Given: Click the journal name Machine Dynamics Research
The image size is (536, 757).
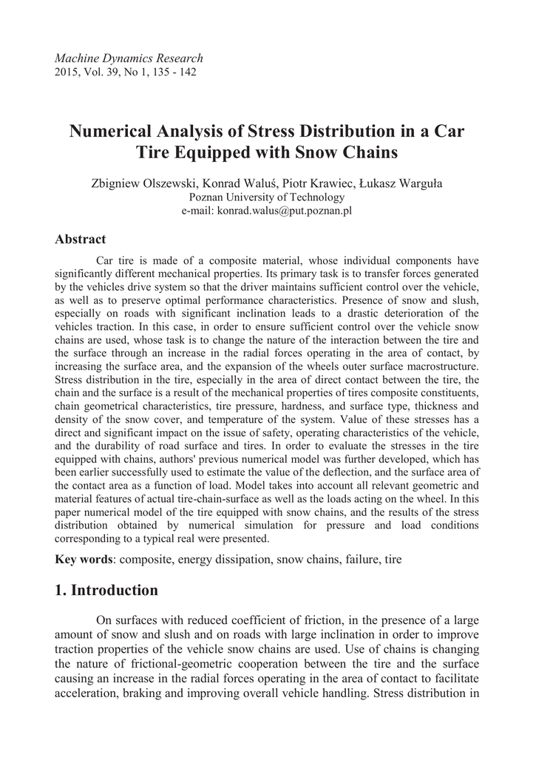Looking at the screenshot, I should pos(129,58).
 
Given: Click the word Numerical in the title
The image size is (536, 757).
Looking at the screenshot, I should pos(113,132).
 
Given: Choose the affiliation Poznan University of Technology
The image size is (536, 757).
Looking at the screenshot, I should pos(267,197).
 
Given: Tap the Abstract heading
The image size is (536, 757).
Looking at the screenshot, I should pos(81,240).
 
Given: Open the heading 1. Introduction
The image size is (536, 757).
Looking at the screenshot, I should pos(106,590).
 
